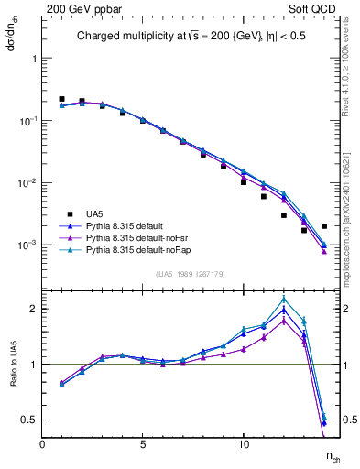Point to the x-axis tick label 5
[143, 445]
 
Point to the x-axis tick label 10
[244, 445]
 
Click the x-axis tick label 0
[42, 445]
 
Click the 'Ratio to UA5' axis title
[12, 364]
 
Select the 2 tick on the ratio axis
[32, 309]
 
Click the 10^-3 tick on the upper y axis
[27, 245]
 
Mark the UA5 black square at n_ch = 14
[324, 225]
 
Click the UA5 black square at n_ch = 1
[62, 99]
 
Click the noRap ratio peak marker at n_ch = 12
[284, 299]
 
